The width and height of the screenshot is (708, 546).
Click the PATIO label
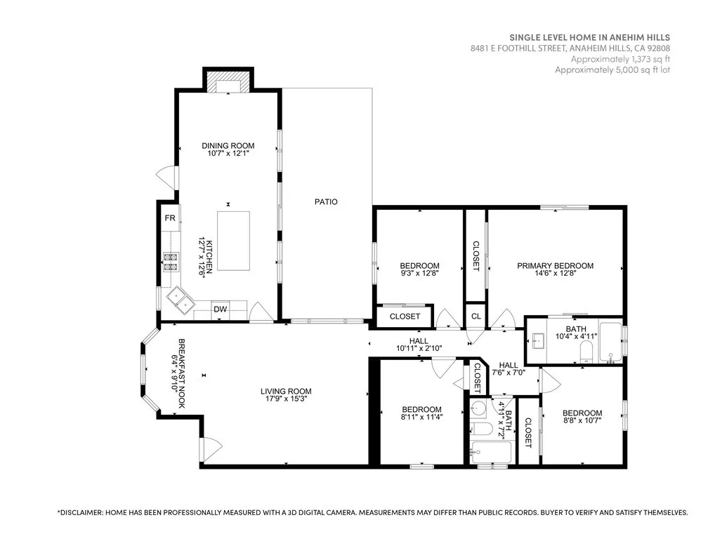click(x=326, y=202)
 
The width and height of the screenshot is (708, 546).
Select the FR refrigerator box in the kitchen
click(x=169, y=218)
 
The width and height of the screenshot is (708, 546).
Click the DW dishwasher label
click(x=221, y=309)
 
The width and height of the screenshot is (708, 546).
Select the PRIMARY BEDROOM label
click(x=555, y=266)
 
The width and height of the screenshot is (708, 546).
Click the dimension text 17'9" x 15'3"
click(x=286, y=399)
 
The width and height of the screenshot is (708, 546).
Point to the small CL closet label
click(x=476, y=317)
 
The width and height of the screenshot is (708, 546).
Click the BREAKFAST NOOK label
click(x=178, y=374)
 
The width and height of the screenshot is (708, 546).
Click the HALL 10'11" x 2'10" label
click(x=419, y=344)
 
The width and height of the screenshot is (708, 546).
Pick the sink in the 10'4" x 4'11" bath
click(x=539, y=340)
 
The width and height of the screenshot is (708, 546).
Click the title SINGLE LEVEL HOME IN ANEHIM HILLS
click(x=589, y=37)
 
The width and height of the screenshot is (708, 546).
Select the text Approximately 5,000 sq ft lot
click(x=612, y=70)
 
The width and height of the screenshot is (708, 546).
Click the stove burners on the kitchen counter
click(x=169, y=261)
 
